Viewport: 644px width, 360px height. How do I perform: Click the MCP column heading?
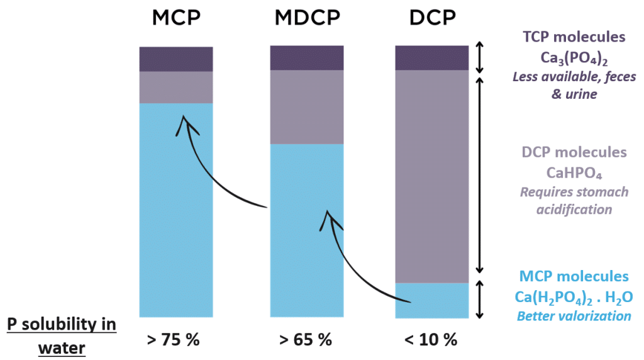point(176,18)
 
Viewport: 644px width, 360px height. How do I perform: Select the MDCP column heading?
point(307,18)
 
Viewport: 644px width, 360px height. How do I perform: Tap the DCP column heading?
point(432,18)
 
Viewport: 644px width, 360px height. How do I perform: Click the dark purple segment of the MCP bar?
point(176,59)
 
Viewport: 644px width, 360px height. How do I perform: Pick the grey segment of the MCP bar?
point(176,87)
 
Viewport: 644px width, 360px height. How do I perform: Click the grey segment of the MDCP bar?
point(307,107)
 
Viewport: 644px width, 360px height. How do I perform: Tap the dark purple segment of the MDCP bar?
point(307,58)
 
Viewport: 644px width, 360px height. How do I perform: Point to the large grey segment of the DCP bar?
point(432,176)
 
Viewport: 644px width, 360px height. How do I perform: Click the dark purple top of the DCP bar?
point(432,58)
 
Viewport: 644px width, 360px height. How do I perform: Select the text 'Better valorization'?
point(574,316)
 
